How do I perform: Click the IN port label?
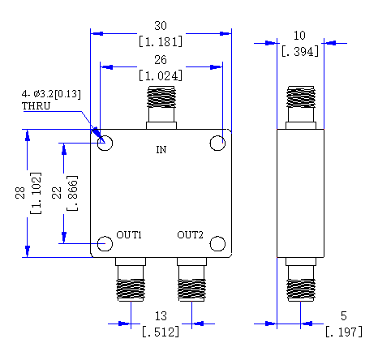click(161, 150)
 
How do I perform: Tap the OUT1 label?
click(129, 235)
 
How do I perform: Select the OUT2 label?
click(190, 235)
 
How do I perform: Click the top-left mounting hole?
click(105, 143)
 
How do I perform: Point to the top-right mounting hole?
click(217, 143)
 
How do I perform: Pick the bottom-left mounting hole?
click(105, 243)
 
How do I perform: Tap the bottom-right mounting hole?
click(217, 243)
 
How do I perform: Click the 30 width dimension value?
click(161, 26)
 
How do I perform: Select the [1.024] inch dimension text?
click(161, 75)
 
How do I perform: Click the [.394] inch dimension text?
click(300, 51)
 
